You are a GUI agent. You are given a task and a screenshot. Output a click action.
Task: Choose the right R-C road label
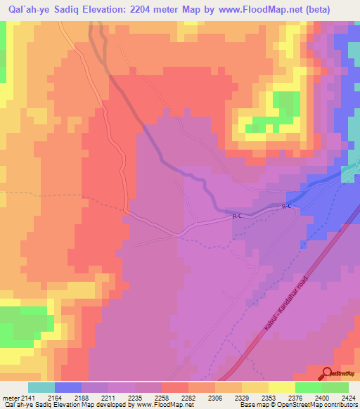[286, 207]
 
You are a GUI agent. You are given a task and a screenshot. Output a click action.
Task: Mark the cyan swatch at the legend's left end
[41, 387]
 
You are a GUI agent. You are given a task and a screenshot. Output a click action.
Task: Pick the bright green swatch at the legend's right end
[335, 387]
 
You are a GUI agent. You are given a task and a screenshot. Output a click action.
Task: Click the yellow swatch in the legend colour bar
[282, 387]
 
